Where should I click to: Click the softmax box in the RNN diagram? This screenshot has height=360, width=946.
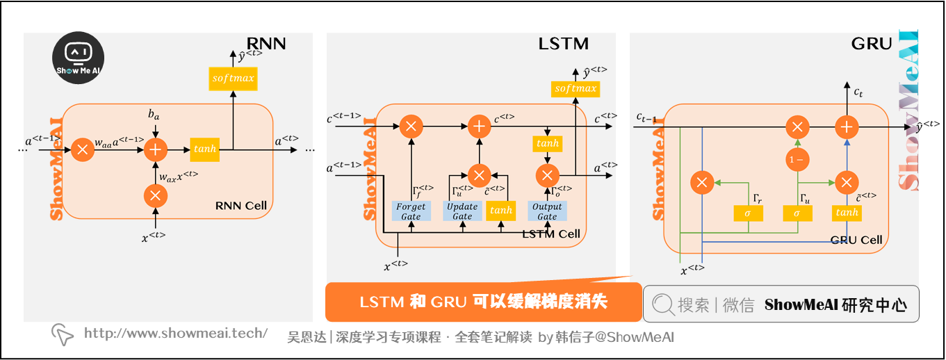click(x=234, y=79)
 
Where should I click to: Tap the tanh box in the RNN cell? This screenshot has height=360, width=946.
click(x=204, y=149)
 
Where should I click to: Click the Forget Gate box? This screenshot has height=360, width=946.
click(x=411, y=211)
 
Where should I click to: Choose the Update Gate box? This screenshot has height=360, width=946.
click(x=462, y=211)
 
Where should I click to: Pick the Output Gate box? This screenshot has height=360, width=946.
click(x=547, y=211)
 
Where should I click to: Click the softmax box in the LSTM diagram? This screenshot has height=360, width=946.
click(x=576, y=88)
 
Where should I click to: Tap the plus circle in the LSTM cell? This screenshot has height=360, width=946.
click(x=478, y=126)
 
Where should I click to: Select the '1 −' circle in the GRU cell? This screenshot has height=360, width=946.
click(x=797, y=159)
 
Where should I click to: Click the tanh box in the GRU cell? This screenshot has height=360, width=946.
click(x=847, y=213)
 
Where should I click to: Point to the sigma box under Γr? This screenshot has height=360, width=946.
click(x=748, y=213)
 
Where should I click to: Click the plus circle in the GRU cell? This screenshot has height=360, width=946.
click(x=846, y=127)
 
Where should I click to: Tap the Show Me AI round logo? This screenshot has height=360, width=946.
click(x=79, y=60)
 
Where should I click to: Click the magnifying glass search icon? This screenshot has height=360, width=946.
click(x=664, y=304)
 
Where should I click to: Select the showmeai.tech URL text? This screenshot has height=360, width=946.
click(x=175, y=334)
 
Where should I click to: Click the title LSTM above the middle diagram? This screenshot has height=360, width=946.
click(x=563, y=44)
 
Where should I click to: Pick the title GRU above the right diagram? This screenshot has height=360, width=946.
click(x=871, y=44)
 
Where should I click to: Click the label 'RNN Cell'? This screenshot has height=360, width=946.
click(x=240, y=206)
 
